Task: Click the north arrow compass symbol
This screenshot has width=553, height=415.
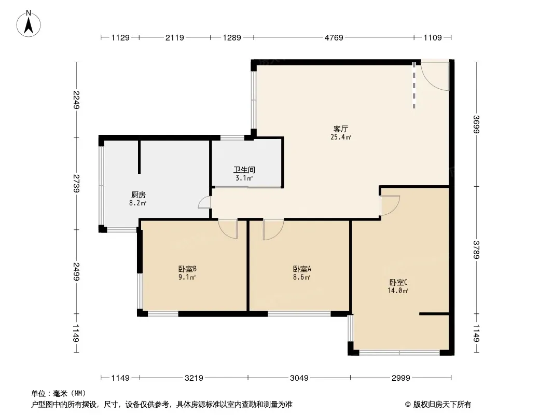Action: click(x=30, y=23)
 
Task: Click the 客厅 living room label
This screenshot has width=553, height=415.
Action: click(x=340, y=129)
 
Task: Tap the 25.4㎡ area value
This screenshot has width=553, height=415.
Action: click(x=340, y=137)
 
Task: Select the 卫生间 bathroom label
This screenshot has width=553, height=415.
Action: click(x=244, y=170)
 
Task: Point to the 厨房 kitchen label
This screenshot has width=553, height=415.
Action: click(x=138, y=195)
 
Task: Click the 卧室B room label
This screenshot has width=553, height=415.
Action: click(x=187, y=269)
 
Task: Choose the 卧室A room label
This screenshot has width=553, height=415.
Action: click(x=302, y=269)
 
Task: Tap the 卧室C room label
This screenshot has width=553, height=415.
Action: click(x=398, y=282)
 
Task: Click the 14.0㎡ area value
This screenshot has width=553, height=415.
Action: click(x=398, y=291)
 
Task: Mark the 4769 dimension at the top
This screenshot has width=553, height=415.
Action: click(x=334, y=37)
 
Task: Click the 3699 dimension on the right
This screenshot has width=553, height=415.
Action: click(x=476, y=125)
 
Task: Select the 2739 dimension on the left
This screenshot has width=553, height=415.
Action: click(x=76, y=184)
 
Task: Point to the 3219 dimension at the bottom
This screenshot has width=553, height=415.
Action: click(x=193, y=378)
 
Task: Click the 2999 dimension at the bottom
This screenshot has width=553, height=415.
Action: click(x=401, y=378)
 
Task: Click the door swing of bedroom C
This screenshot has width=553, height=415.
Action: click(x=390, y=204)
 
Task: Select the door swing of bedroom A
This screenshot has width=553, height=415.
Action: click(x=273, y=229)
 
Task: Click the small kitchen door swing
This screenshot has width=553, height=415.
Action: click(x=204, y=203)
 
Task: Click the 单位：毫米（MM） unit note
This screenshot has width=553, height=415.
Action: click(x=59, y=393)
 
